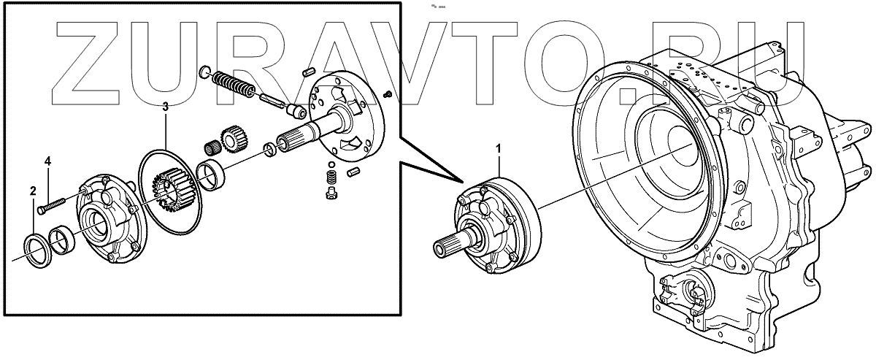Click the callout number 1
pyautogui.click(x=499, y=148)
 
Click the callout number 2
pyautogui.click(x=33, y=191)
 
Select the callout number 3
pyautogui.click(x=165, y=107)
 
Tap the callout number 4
pyautogui.click(x=49, y=161)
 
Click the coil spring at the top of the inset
pyautogui.click(x=233, y=85)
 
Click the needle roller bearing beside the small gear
pyautogui.click(x=213, y=145)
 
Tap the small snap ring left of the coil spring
pyautogui.click(x=205, y=72)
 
